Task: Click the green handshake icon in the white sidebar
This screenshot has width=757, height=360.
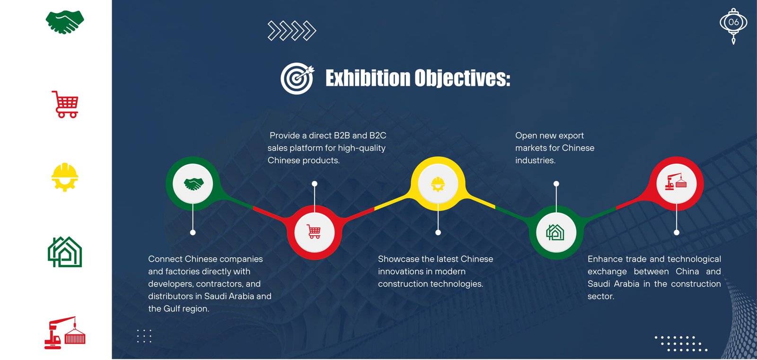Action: [x=64, y=22]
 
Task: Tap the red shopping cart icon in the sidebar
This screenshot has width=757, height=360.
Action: [x=65, y=105]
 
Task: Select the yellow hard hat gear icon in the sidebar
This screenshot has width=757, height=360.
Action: [x=64, y=177]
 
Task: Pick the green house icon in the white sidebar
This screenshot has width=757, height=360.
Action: [x=65, y=252]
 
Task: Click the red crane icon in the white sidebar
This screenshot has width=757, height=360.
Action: [x=65, y=333]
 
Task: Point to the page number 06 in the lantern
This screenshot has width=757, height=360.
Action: [x=733, y=22]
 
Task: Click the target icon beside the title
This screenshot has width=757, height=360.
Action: [x=297, y=78]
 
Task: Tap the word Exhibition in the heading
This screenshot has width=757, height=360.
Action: [x=368, y=78]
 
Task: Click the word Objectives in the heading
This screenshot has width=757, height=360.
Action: [x=462, y=79]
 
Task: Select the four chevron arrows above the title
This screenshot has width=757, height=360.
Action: [x=291, y=31]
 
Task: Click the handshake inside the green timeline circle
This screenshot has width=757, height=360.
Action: [x=194, y=184]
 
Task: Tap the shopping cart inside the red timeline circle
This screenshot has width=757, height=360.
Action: [x=314, y=231]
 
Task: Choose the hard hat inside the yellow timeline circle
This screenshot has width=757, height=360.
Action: [x=438, y=184]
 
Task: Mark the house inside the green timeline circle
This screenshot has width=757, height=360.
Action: [x=555, y=232]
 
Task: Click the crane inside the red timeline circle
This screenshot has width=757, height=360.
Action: [x=676, y=182]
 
